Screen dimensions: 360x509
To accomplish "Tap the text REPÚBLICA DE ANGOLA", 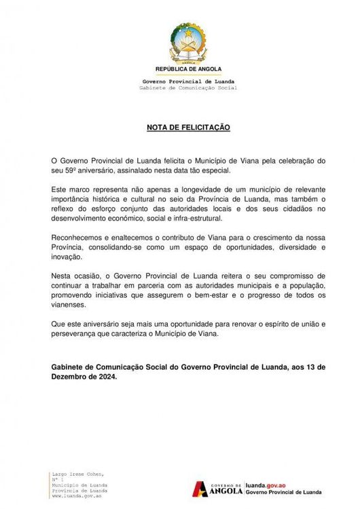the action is tap(179, 69).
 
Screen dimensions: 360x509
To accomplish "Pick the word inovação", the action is tap(66, 258).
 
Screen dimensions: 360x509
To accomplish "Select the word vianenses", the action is tap(69, 305).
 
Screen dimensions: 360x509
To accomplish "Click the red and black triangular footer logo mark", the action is tap(202, 488).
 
